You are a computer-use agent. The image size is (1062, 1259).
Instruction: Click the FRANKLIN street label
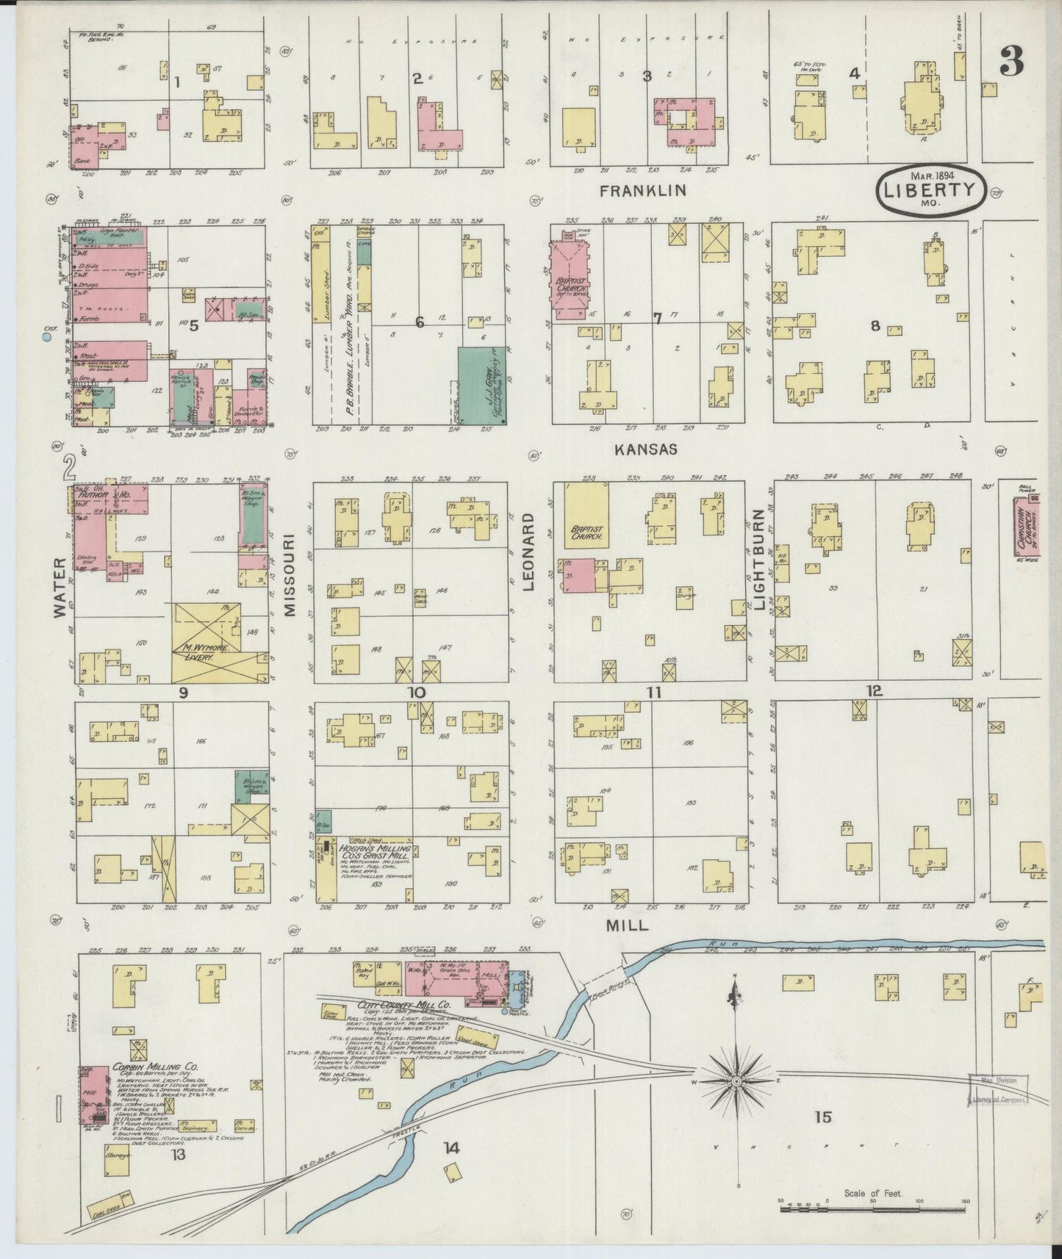point(642,191)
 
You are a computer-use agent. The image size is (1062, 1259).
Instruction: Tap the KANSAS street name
point(647,449)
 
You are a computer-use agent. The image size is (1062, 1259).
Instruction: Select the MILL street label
point(626,926)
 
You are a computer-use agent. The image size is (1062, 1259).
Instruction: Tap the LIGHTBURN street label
point(759,560)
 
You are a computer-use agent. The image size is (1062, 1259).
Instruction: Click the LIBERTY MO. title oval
point(930,190)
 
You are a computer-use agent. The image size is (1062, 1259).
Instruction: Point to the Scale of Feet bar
point(872,1202)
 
